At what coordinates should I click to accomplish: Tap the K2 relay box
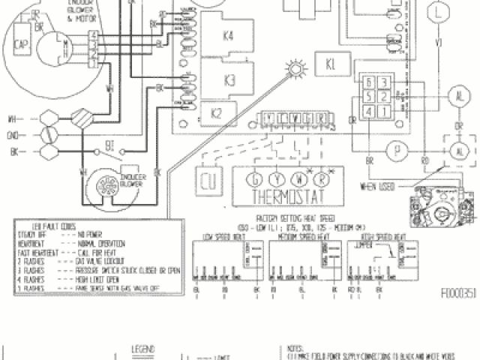[x=216, y=114]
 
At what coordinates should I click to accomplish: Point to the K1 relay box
[x=331, y=64]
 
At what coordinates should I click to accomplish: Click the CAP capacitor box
[x=22, y=45]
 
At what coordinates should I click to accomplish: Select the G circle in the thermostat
[x=256, y=181]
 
